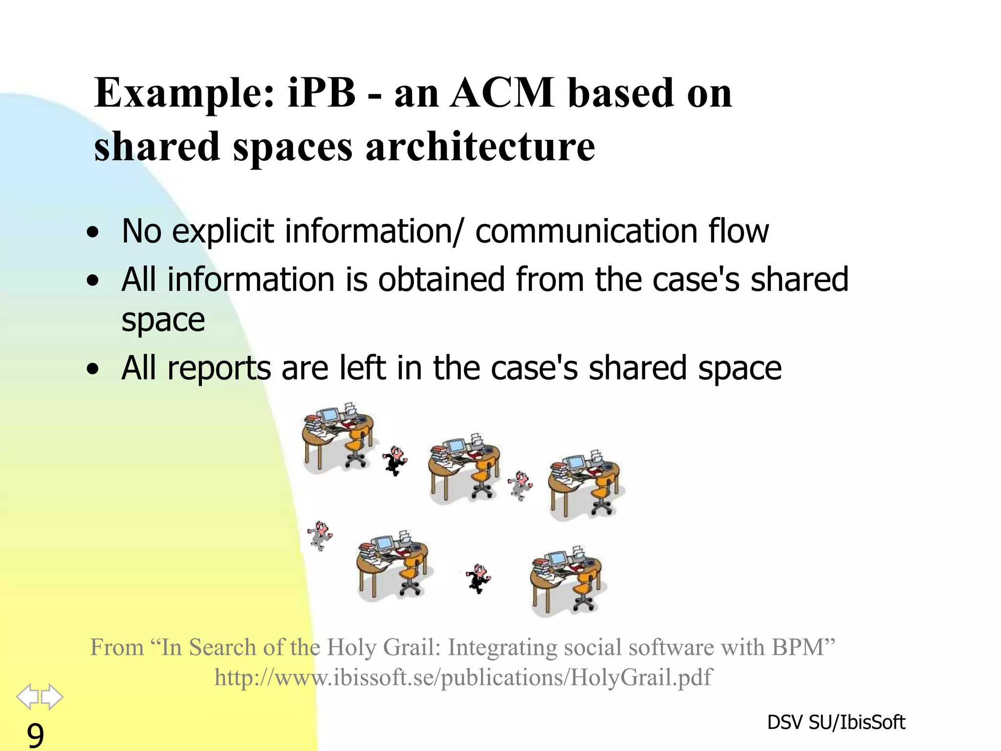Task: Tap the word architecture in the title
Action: (x=480, y=147)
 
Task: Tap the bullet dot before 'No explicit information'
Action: (x=92, y=233)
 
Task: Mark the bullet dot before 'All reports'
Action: (x=92, y=370)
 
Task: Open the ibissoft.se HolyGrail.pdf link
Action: (x=463, y=678)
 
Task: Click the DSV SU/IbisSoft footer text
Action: (x=836, y=722)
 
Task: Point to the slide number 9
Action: (x=35, y=735)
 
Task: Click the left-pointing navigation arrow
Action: (x=27, y=696)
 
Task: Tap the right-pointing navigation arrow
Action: (x=52, y=696)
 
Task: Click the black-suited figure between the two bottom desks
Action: (x=478, y=578)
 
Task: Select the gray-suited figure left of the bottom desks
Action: (x=320, y=535)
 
